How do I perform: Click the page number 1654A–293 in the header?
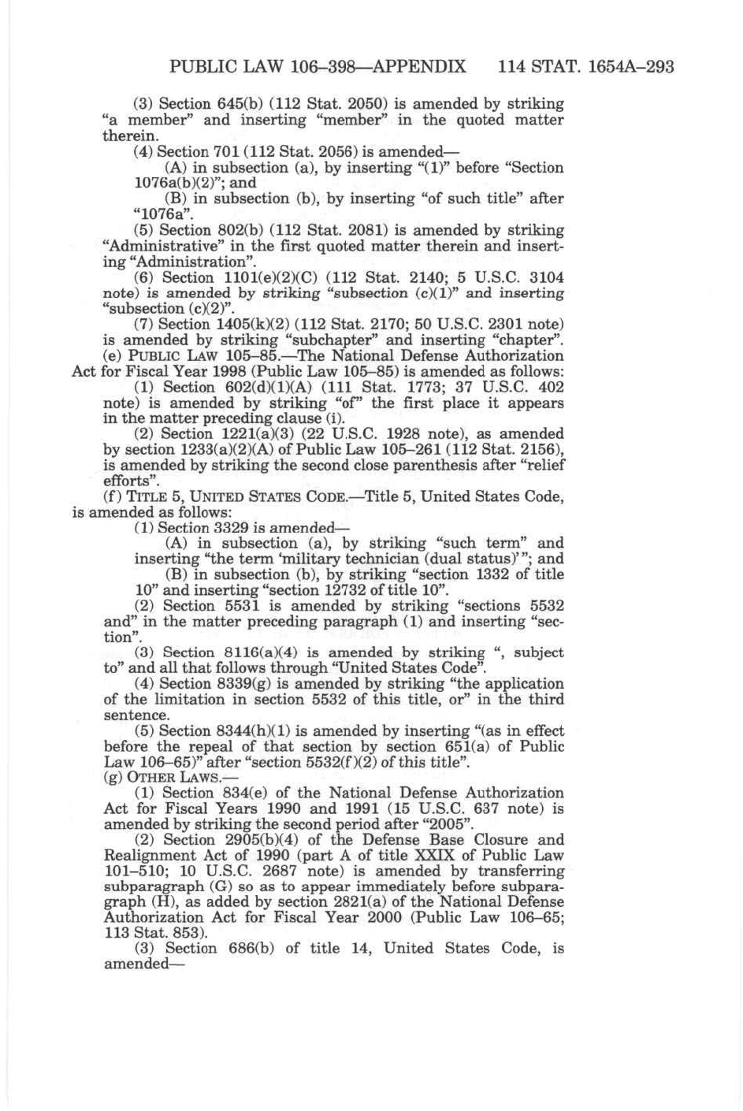coord(627,67)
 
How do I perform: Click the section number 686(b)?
coord(251,949)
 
